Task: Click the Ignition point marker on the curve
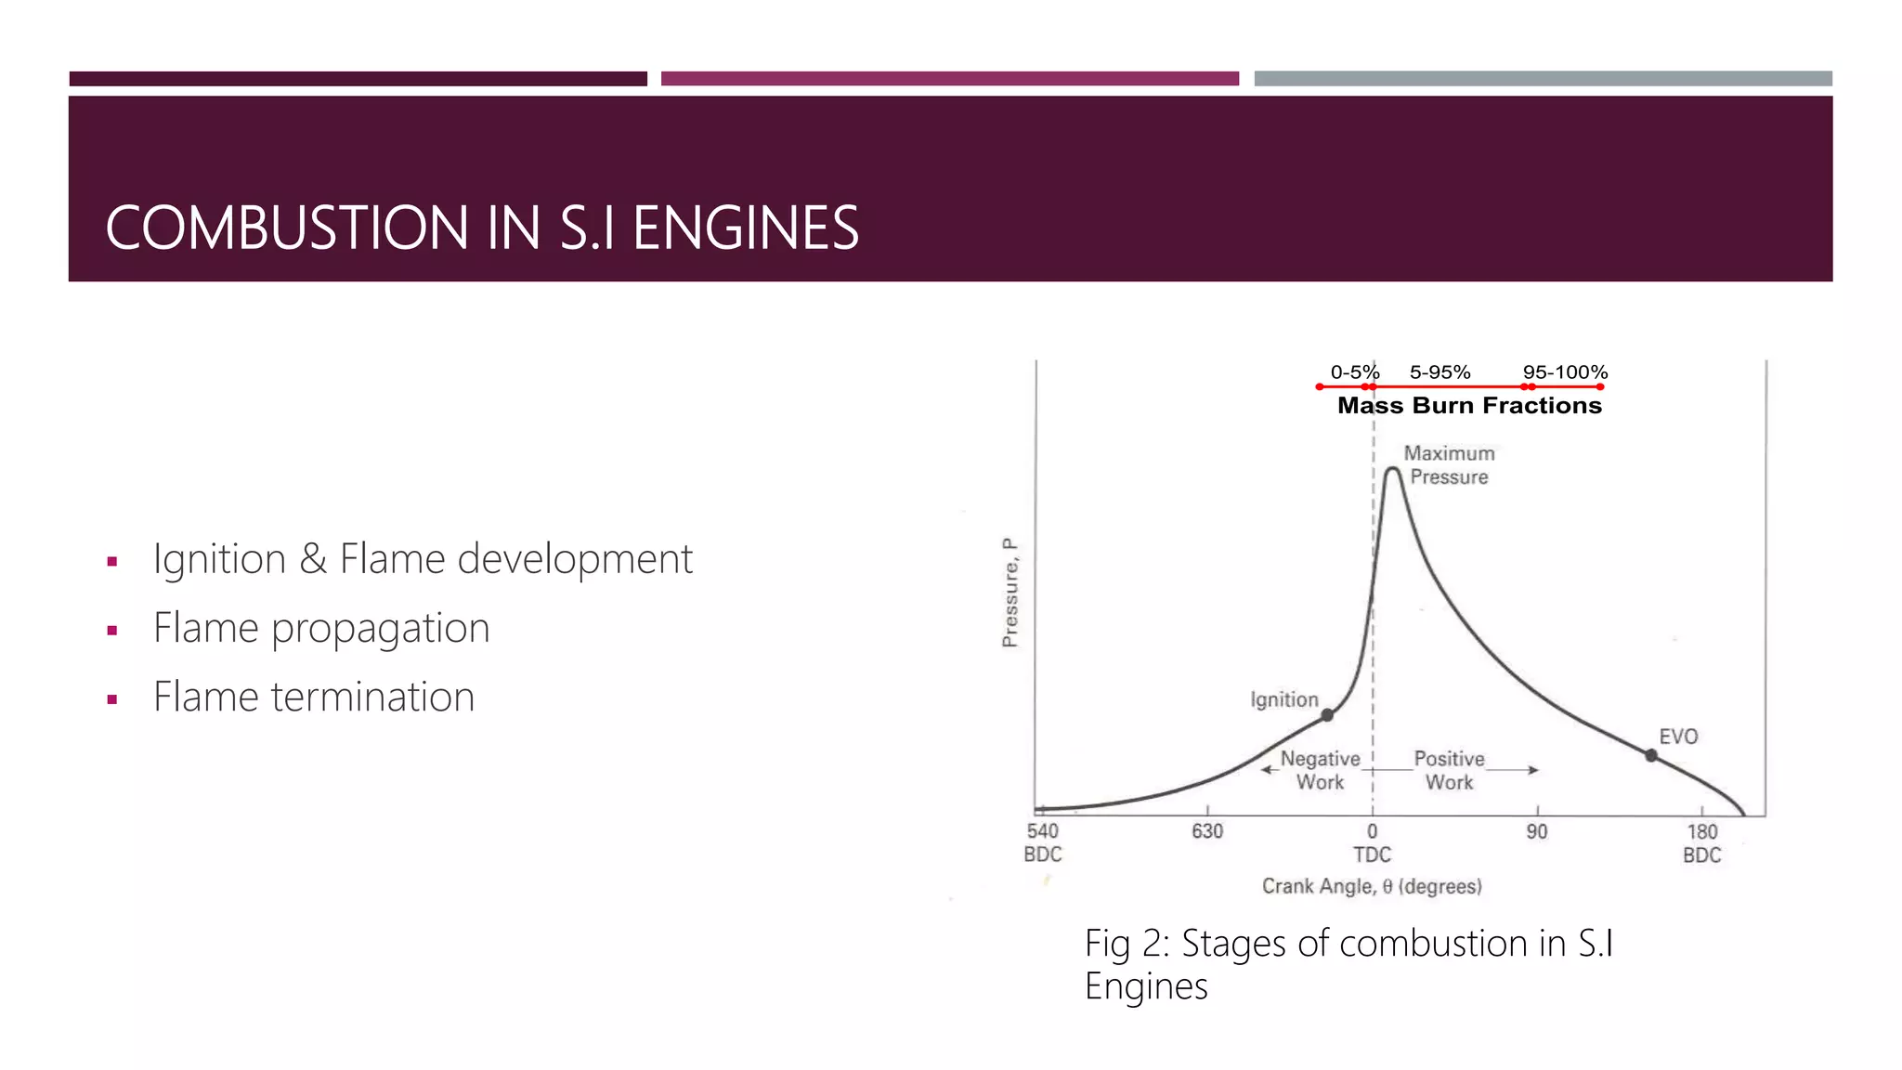coord(1327,714)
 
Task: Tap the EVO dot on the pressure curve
coord(1651,756)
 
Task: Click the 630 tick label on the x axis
coord(1207,831)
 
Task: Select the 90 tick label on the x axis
coord(1537,831)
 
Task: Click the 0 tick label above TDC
coord(1372,831)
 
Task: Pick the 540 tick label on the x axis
coord(1043,831)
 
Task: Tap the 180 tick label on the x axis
coord(1702,831)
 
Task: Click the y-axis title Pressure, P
coord(1010,592)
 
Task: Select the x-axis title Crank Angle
coord(1372,886)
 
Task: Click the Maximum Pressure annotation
coord(1449,465)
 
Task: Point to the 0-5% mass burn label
coord(1355,372)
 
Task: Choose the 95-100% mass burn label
coord(1565,372)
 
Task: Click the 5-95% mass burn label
coord(1440,372)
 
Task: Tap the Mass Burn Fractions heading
coord(1469,406)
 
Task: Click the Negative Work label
coord(1320,770)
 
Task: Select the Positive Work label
coord(1449,770)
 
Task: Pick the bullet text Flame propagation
coord(321,628)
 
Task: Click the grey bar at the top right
coord(1543,79)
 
